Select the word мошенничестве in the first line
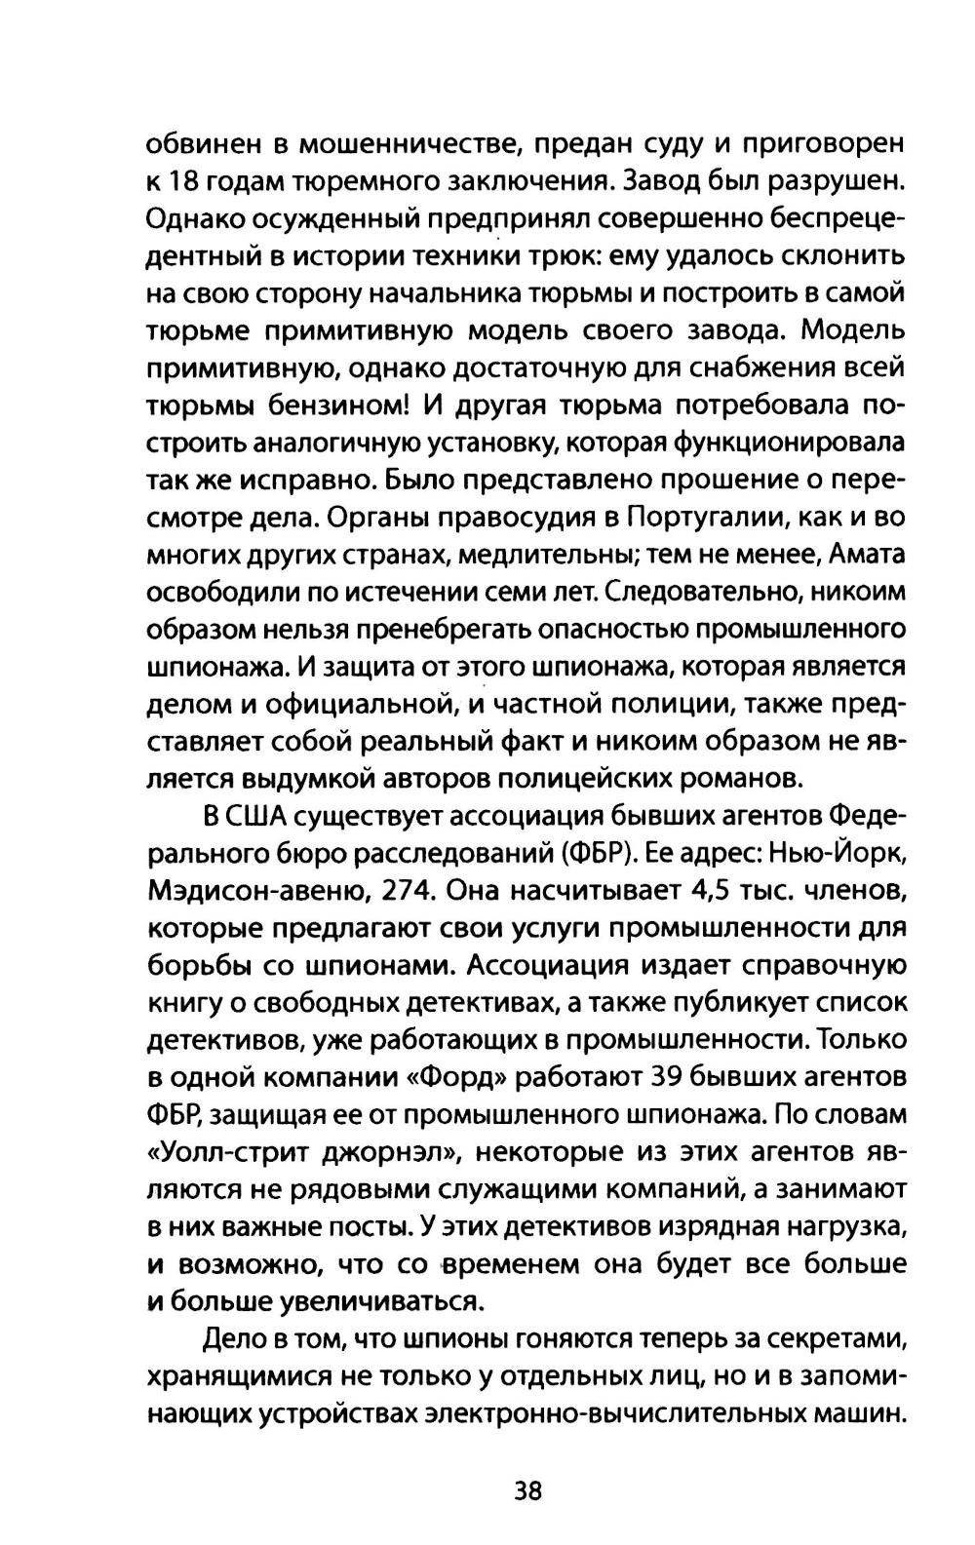click(401, 145)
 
